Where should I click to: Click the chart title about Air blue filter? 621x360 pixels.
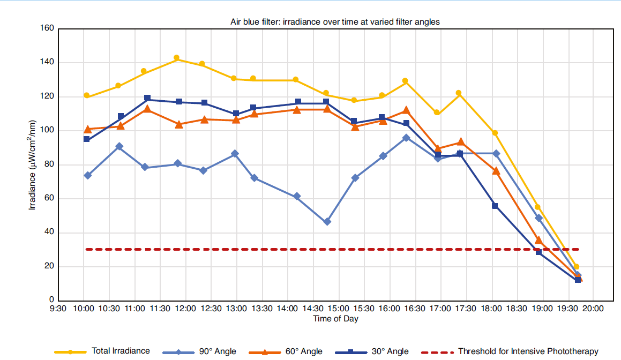click(335, 22)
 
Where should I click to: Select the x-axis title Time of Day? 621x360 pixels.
click(335, 319)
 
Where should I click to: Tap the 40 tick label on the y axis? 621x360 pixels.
click(49, 232)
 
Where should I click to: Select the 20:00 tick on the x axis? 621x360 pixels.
click(593, 309)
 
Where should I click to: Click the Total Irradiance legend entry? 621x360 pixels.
click(121, 351)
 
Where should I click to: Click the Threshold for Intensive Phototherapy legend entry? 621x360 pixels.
click(528, 351)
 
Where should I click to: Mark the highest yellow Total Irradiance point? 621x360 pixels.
click(176, 58)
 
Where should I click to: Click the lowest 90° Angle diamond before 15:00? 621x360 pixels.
click(327, 222)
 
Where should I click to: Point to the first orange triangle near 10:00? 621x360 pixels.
click(88, 129)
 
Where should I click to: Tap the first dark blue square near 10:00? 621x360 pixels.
click(87, 139)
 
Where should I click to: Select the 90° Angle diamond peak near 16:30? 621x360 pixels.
click(406, 138)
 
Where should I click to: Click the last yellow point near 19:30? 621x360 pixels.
click(577, 267)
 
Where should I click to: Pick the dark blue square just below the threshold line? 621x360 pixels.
click(539, 251)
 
